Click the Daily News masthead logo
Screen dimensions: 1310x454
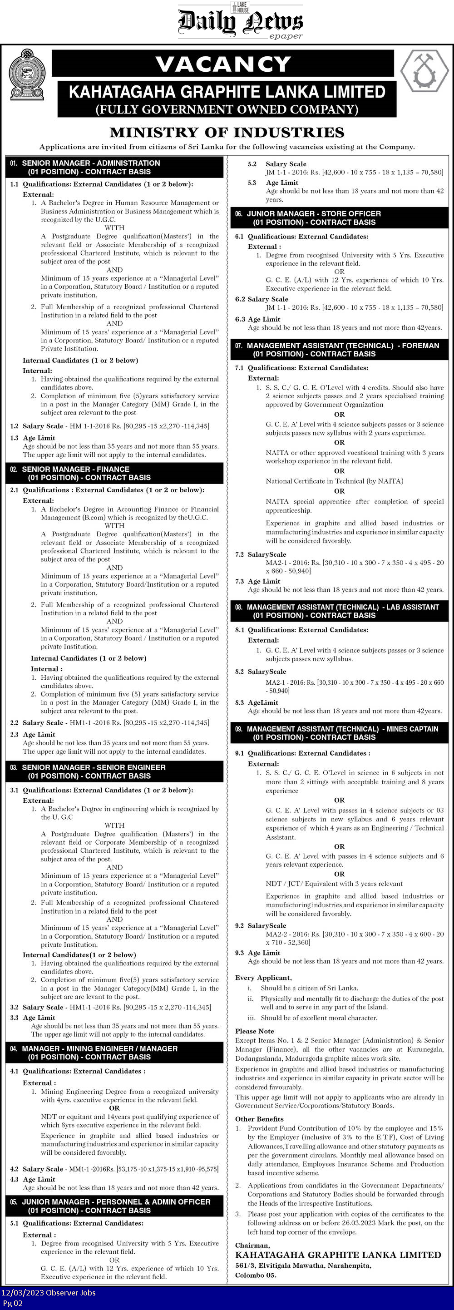click(x=240, y=21)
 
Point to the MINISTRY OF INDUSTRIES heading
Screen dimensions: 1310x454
click(x=227, y=133)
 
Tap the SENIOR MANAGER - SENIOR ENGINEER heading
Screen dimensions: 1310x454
click(x=94, y=767)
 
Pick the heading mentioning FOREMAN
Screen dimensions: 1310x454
click(x=343, y=345)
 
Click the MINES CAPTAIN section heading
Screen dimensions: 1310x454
click(x=343, y=729)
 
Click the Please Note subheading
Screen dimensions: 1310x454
click(x=255, y=1031)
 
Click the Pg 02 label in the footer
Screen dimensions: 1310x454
click(x=13, y=1303)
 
